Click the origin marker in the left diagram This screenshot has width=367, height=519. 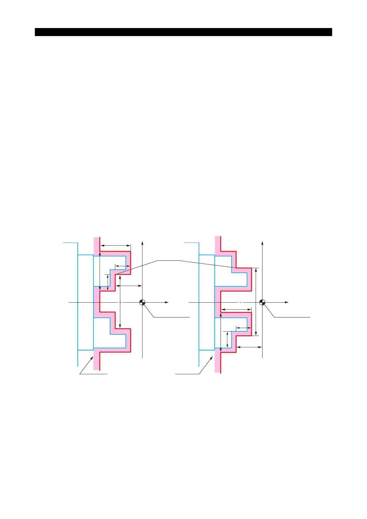tap(142, 302)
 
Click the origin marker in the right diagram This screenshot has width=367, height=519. tap(262, 302)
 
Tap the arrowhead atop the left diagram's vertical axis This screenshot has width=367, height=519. tap(142, 243)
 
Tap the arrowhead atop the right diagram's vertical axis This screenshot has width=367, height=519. tap(262, 243)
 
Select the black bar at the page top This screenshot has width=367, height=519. tap(183, 32)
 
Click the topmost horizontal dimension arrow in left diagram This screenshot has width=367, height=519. tap(115, 246)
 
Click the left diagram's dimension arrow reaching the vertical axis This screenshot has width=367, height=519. tap(129, 286)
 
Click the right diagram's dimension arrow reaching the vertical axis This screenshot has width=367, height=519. tap(249, 347)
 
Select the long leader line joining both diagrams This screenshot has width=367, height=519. tap(168, 261)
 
